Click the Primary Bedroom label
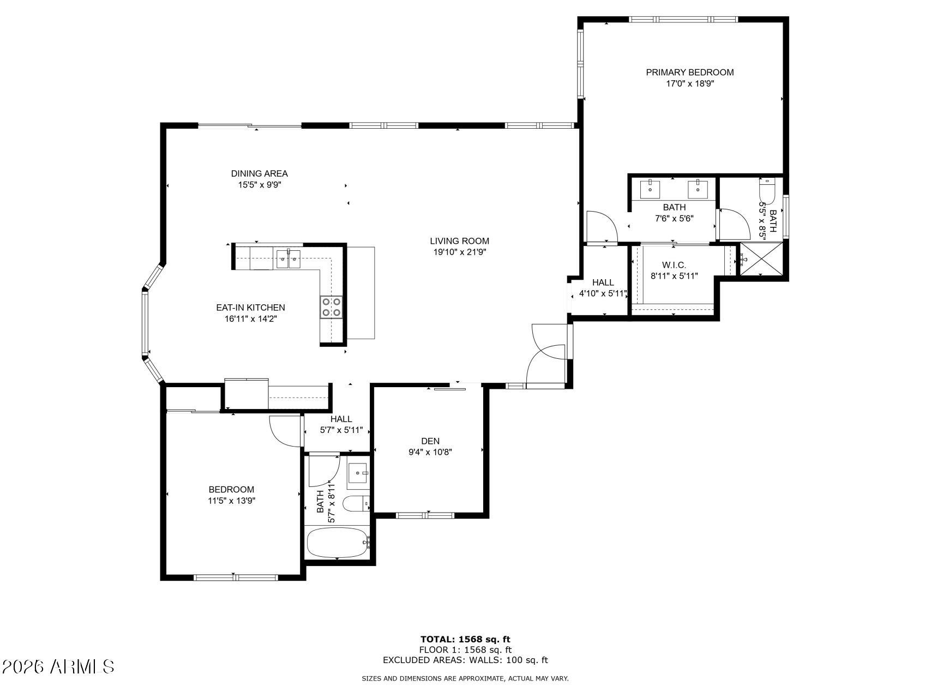coord(689,72)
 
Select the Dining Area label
coord(259,173)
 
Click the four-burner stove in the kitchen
coord(331,307)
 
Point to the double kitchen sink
coord(288,259)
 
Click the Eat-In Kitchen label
coord(250,308)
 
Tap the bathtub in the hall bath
coord(338,543)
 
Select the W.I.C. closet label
coord(674,265)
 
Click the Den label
coord(430,441)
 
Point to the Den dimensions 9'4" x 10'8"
coord(430,452)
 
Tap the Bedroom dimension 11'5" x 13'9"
coord(231,501)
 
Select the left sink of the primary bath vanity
coord(650,189)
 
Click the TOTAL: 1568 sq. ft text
coord(465,639)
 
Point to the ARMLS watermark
coord(58,666)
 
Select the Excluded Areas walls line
coord(465,660)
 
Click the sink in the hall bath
coord(358,473)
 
